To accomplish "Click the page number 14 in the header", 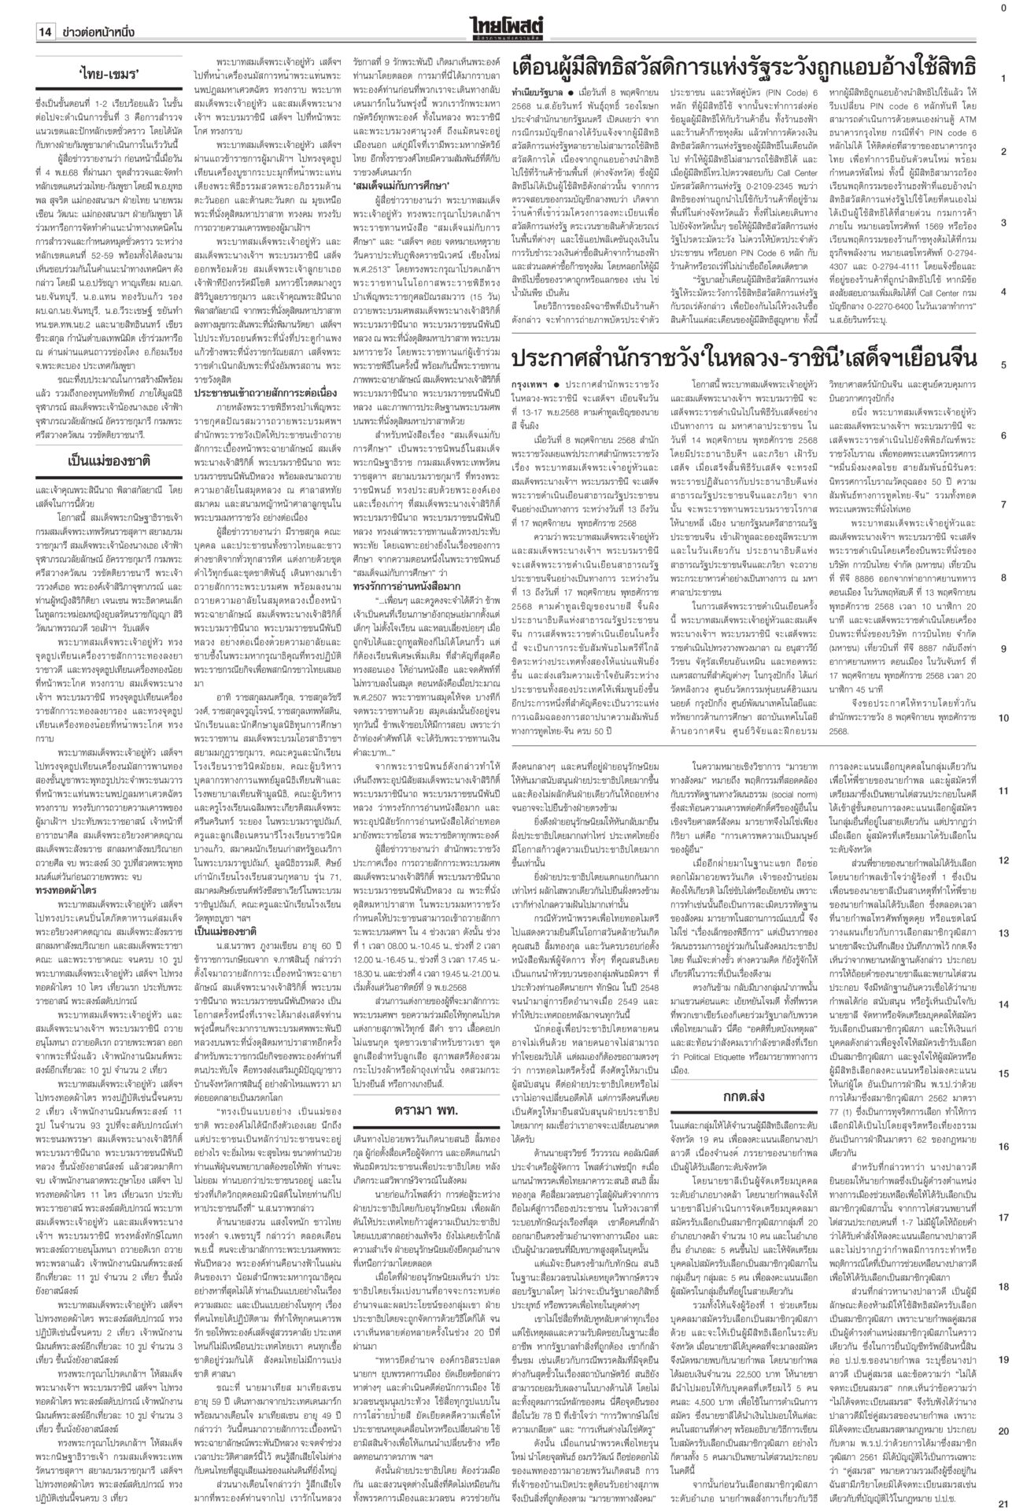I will pyautogui.click(x=44, y=32).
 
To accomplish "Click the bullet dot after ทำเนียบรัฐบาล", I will pyautogui.click(x=573, y=93).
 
